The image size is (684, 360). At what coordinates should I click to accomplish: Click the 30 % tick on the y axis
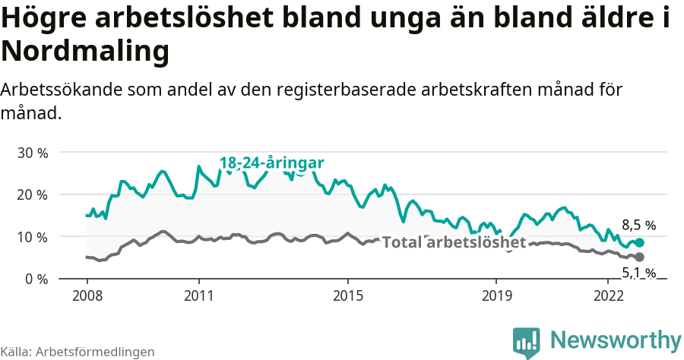tap(32, 153)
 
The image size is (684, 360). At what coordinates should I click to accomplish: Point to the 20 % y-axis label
tap(32, 194)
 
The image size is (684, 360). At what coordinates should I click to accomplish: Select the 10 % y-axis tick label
tap(32, 237)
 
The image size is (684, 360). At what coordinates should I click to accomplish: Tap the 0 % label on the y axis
tap(36, 279)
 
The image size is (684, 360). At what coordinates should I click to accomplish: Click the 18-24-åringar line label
tap(271, 163)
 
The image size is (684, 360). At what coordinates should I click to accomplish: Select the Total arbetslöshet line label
tap(454, 242)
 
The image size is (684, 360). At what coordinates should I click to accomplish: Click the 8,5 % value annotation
tap(638, 225)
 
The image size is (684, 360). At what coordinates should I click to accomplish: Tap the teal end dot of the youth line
tap(640, 243)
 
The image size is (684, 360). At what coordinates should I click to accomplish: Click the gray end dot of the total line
tap(640, 257)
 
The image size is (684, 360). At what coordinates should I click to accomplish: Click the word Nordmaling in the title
tap(84, 52)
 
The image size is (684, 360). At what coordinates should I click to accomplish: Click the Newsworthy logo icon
tap(526, 343)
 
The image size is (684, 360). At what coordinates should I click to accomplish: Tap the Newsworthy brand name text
tap(616, 339)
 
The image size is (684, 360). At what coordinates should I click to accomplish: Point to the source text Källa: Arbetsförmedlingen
tap(78, 352)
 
